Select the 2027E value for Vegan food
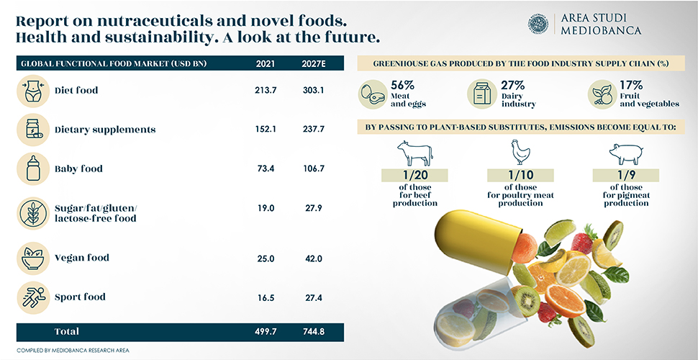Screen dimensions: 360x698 tap(314, 258)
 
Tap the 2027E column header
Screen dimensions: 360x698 tap(314, 63)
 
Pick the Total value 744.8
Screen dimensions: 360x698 tap(314, 332)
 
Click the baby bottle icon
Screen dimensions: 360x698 tap(32, 169)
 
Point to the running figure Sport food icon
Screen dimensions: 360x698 tap(32, 297)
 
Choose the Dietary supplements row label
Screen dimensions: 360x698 tap(105, 130)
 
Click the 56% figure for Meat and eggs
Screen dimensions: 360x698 tap(402, 85)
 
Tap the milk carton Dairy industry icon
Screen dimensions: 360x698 tap(480, 94)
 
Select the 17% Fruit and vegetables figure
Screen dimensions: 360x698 tap(630, 85)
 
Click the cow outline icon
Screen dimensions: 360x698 tap(414, 152)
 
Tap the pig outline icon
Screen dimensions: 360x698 tap(625, 153)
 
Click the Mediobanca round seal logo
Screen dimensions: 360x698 tap(538, 24)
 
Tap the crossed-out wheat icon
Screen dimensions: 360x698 tap(32, 212)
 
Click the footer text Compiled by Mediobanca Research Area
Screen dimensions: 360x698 tap(73, 350)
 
